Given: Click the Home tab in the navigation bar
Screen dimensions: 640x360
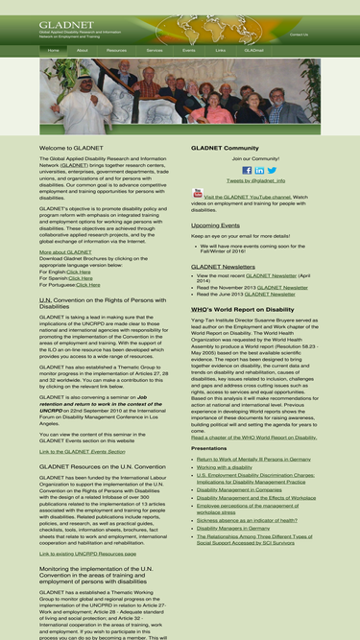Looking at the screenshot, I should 52,49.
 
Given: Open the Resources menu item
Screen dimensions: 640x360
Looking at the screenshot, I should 116,49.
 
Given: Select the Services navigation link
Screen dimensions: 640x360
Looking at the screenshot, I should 155,49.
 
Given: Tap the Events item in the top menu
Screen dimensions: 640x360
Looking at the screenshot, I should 189,49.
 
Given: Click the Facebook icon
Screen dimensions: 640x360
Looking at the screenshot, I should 247,170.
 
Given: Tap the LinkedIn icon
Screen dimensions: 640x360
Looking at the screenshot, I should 259,170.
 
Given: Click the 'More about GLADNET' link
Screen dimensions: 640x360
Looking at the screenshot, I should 66,251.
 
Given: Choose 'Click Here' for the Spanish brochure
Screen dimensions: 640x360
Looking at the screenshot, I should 81,277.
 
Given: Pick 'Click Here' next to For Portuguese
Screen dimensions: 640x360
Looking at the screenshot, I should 87,284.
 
